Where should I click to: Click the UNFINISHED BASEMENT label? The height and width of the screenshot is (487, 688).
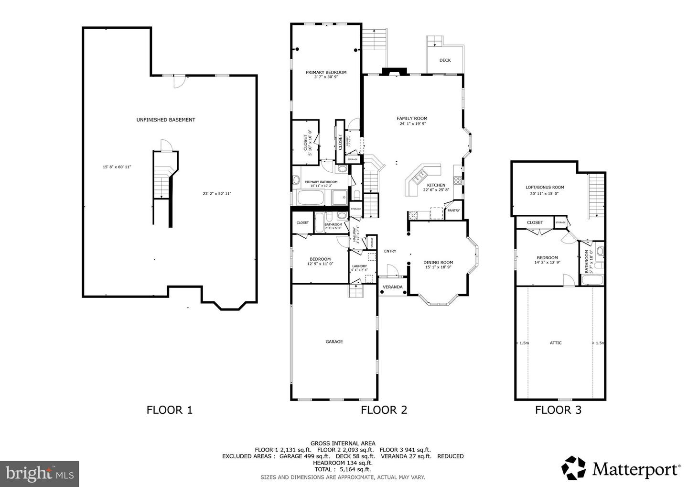(x=165, y=120)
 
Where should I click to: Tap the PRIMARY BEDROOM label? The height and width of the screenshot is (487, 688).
(x=326, y=72)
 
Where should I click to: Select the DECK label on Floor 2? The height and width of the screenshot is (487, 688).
(x=445, y=60)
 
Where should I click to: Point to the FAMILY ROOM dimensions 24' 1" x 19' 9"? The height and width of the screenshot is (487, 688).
(x=412, y=124)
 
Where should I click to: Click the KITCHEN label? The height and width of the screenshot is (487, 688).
(x=436, y=185)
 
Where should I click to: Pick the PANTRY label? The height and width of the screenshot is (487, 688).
(x=453, y=210)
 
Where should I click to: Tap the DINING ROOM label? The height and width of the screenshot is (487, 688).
(x=438, y=262)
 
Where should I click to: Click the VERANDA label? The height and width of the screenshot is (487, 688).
(x=393, y=287)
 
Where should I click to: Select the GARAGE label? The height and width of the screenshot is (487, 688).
(x=334, y=342)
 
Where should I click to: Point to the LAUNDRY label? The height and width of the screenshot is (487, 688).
(x=359, y=266)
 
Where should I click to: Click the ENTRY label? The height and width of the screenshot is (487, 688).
(x=390, y=251)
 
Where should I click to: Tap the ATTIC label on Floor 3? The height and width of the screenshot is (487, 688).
(x=556, y=343)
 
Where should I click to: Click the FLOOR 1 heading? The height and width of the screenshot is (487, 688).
(x=169, y=410)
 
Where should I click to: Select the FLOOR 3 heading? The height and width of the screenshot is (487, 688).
(x=558, y=410)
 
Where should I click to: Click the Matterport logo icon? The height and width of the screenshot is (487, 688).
(x=573, y=467)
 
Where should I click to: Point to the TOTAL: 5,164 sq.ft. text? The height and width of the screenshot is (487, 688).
(x=343, y=470)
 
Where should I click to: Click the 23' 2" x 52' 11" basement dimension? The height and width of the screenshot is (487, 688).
(x=217, y=194)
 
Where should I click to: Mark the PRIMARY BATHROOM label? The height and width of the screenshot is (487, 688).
(x=321, y=182)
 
